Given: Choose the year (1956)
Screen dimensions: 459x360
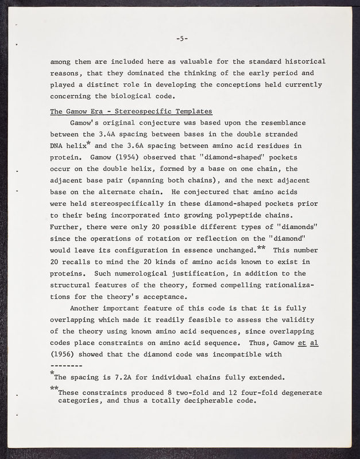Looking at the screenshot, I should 64,354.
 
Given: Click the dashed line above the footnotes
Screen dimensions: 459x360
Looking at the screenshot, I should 67,365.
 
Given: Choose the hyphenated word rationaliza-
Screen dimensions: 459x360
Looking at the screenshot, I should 290,285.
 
